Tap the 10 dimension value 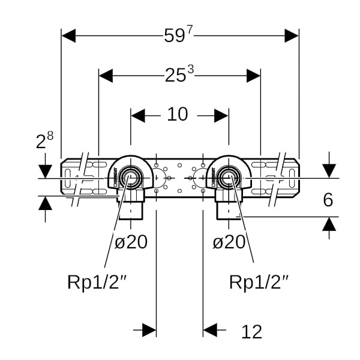pyautogui.click(x=178, y=114)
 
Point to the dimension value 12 pyautogui.click(x=252, y=331)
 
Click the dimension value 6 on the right pyautogui.click(x=328, y=200)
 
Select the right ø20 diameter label pyautogui.click(x=229, y=242)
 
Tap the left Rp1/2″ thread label pyautogui.click(x=92, y=282)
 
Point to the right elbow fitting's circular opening pyautogui.click(x=227, y=177)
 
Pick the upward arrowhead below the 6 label pyautogui.click(x=329, y=224)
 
